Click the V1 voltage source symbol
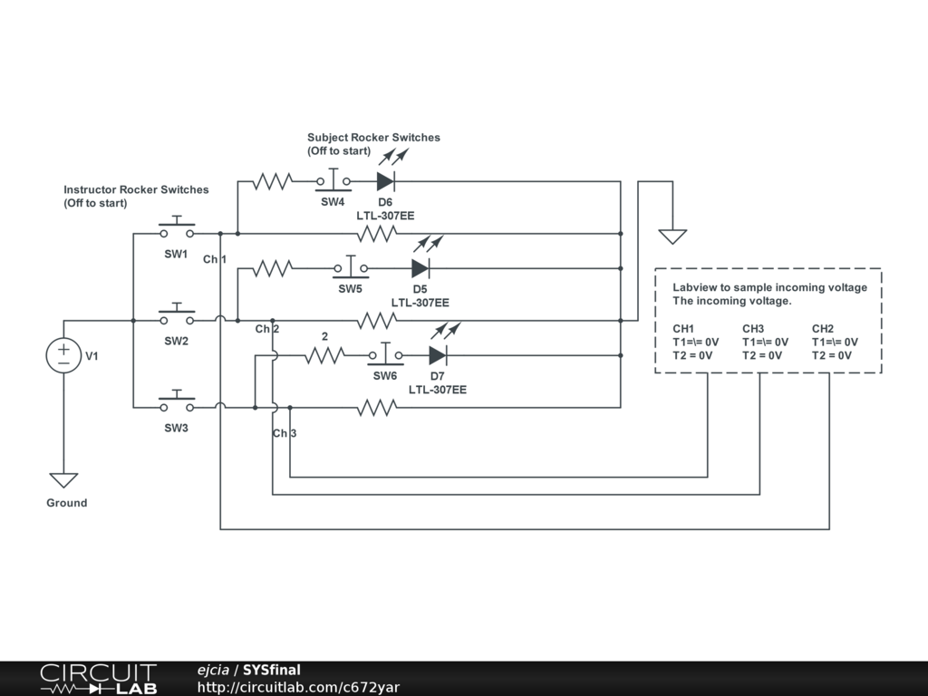63,355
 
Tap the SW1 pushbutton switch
177,231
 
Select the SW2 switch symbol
177,318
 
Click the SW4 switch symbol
333,180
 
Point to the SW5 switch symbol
350,267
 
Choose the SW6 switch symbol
385,354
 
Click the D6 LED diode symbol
385,180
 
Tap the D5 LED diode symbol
420,267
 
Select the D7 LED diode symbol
438,354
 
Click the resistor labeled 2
324,355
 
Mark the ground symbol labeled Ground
63,480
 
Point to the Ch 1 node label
215,260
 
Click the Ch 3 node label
285,433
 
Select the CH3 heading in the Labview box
753,328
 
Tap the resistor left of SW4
272,181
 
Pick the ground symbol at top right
672,236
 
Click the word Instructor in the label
90,190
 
